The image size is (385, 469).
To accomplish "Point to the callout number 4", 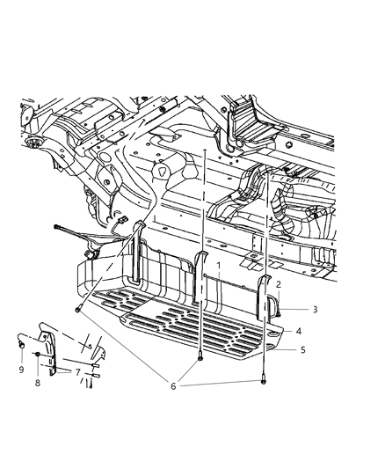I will click(299, 331).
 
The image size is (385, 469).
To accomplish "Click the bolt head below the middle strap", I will click(203, 357).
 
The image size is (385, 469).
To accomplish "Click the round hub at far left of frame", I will click(34, 143).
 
